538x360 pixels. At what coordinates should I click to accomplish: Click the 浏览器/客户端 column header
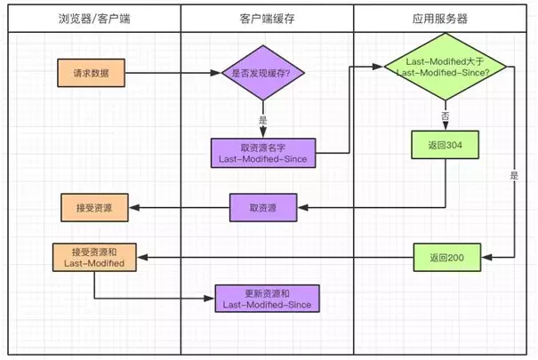point(93,17)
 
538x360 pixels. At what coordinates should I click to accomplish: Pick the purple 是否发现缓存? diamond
point(264,72)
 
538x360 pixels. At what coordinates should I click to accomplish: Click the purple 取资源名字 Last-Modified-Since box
point(263,152)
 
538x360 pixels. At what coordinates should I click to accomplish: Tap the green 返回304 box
point(444,145)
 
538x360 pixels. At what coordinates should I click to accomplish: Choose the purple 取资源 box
point(263,208)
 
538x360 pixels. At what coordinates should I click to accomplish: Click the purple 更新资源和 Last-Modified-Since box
point(263,300)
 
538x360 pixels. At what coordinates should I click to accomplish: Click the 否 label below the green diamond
point(445,116)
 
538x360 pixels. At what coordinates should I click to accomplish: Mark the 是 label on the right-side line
point(514,176)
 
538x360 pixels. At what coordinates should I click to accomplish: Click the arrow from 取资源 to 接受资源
point(178,209)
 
